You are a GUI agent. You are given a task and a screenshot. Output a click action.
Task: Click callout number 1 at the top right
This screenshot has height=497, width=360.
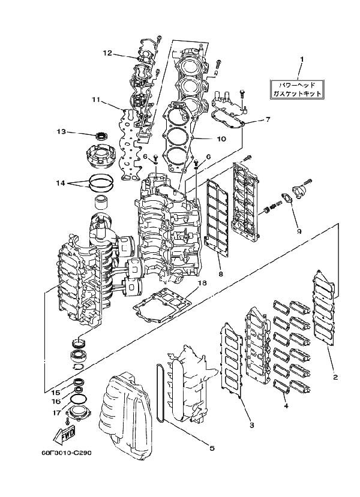click(x=302, y=59)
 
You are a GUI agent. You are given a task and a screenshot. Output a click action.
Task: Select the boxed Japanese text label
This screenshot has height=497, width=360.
click(x=296, y=90)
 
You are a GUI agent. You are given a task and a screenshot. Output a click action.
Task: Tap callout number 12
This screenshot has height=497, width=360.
click(x=107, y=53)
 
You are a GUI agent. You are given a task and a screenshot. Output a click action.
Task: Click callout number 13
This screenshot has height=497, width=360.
click(x=61, y=131)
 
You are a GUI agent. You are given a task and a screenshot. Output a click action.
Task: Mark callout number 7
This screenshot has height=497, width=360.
click(x=268, y=119)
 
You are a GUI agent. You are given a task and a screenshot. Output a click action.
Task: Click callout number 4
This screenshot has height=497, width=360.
click(x=286, y=406)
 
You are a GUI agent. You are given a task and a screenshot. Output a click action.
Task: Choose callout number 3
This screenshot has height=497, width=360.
click(x=251, y=425)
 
